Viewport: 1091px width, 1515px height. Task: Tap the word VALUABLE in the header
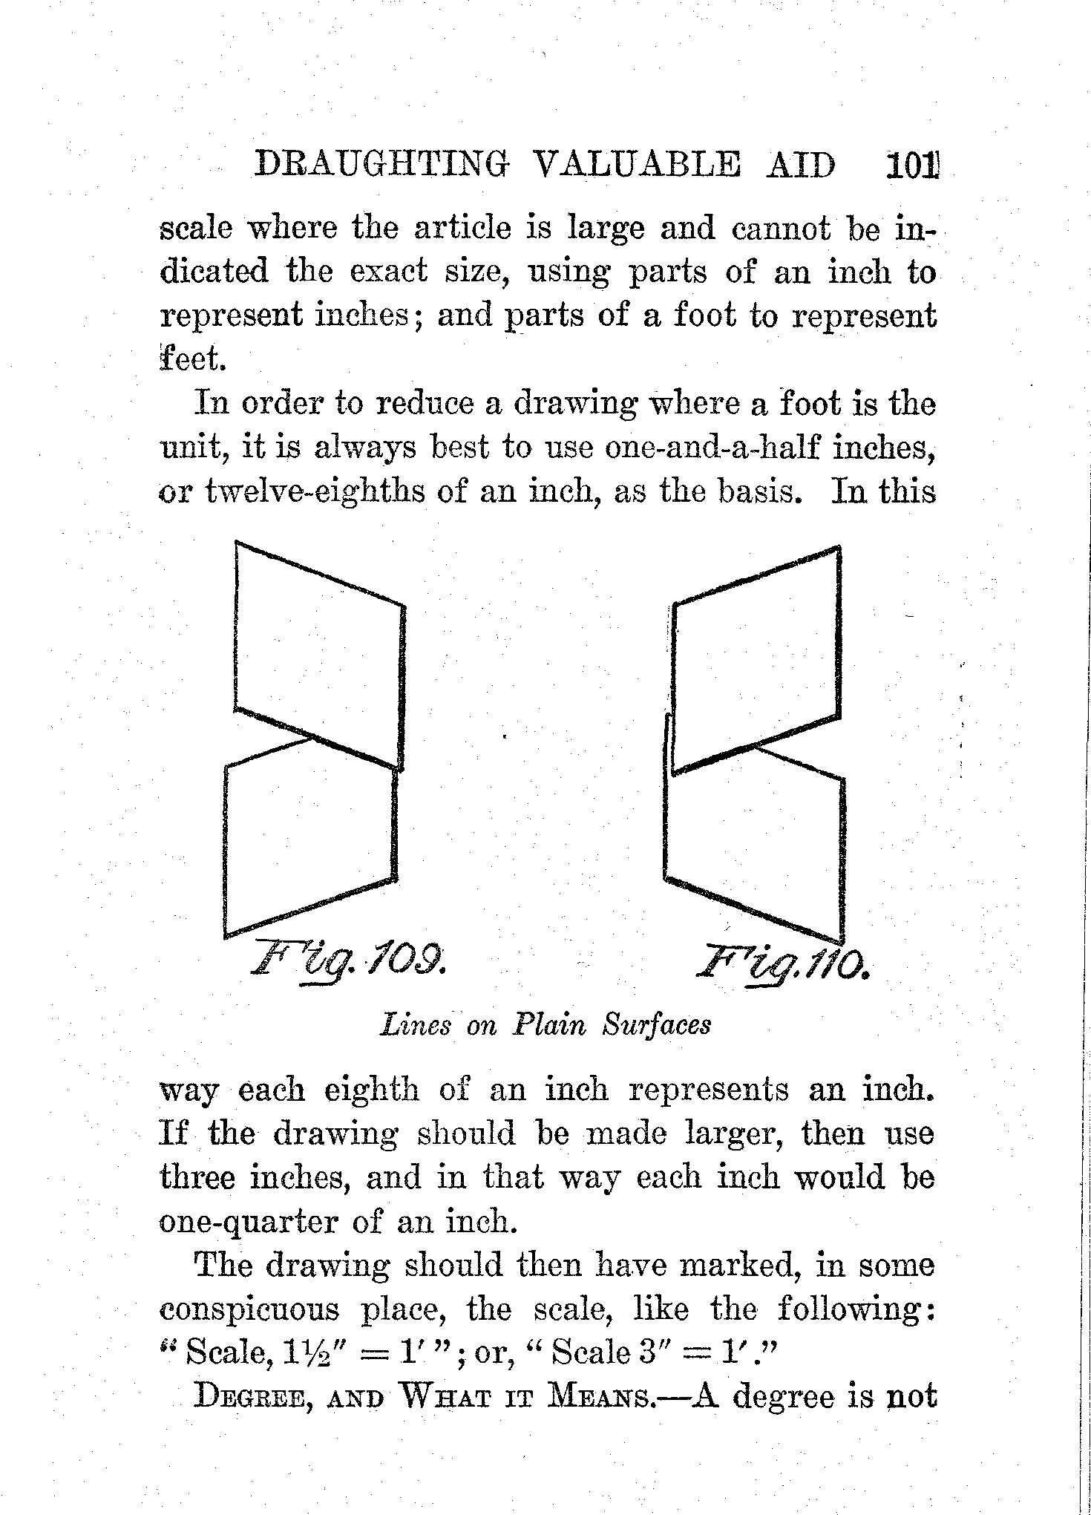point(637,165)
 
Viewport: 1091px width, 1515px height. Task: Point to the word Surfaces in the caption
point(657,1025)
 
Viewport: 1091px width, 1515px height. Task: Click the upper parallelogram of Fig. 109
point(319,657)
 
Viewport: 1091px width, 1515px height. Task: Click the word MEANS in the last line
point(599,1398)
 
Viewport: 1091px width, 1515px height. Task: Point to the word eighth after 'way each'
point(372,1090)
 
